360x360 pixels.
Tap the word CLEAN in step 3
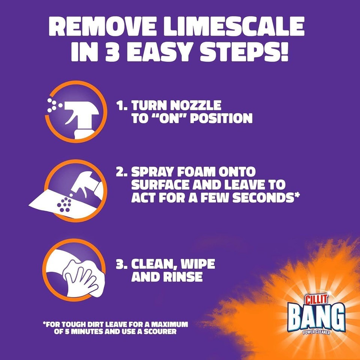pyautogui.click(x=156, y=264)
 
